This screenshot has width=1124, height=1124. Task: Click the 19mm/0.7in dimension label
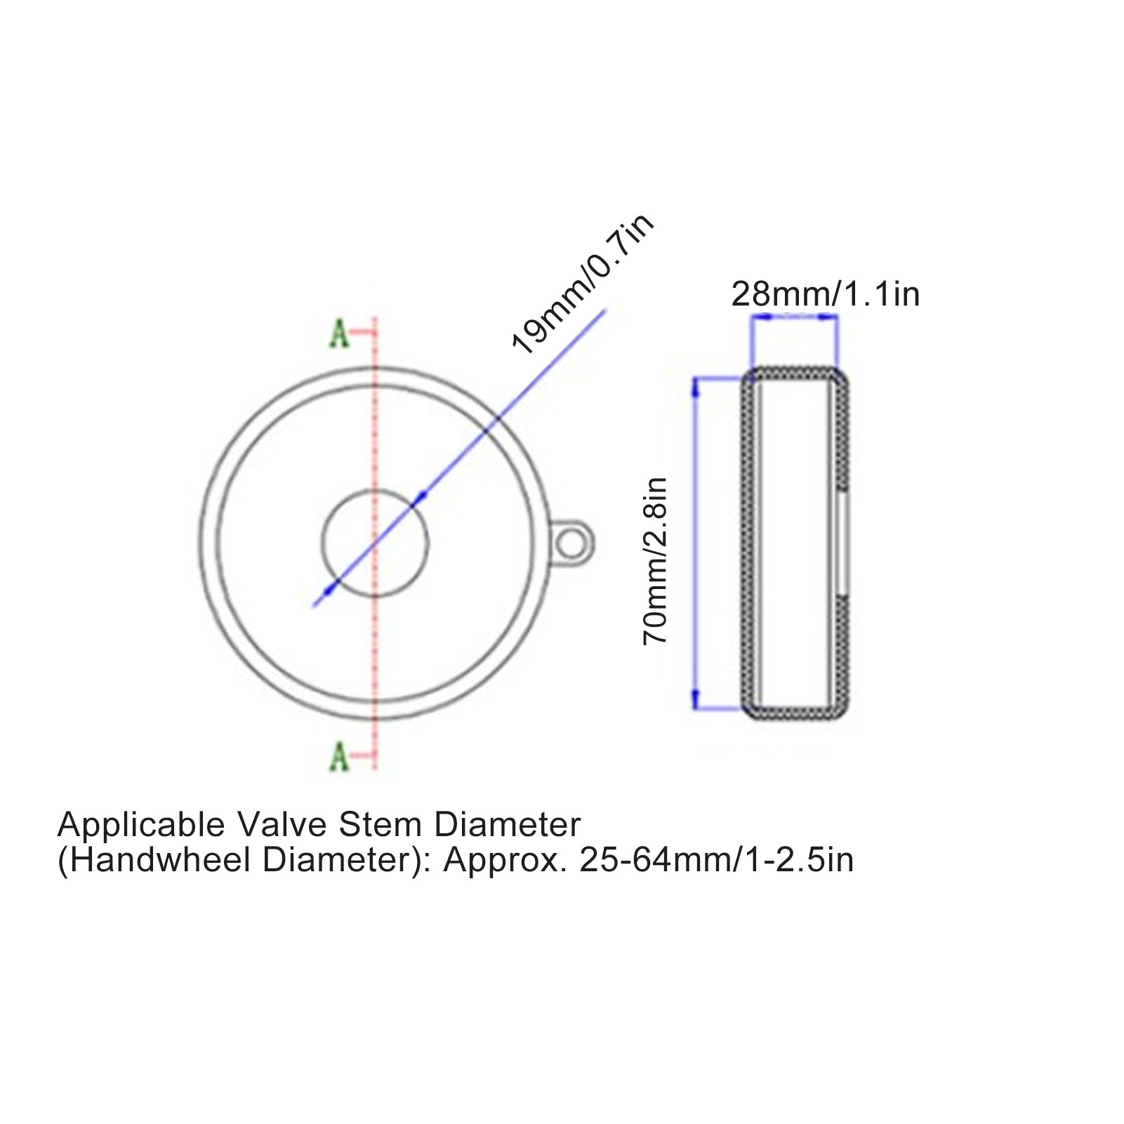point(583,284)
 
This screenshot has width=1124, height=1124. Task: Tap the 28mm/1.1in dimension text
point(825,293)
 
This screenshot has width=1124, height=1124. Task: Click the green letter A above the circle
point(339,334)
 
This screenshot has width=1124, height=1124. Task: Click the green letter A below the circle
point(339,757)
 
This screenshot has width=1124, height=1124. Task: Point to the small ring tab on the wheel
point(573,542)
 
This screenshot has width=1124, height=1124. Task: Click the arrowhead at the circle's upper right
point(420,498)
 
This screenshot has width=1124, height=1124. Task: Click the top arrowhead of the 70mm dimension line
point(696,385)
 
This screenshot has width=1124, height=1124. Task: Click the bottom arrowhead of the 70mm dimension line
point(696,699)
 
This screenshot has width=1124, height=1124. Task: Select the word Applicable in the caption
point(141,825)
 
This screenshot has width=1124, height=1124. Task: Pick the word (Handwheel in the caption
point(154,860)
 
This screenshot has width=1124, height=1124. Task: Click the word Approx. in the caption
point(505,860)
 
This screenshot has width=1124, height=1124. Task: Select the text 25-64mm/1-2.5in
point(716,860)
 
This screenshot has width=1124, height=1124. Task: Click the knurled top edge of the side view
point(795,373)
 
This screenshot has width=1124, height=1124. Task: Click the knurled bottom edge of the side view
point(795,713)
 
